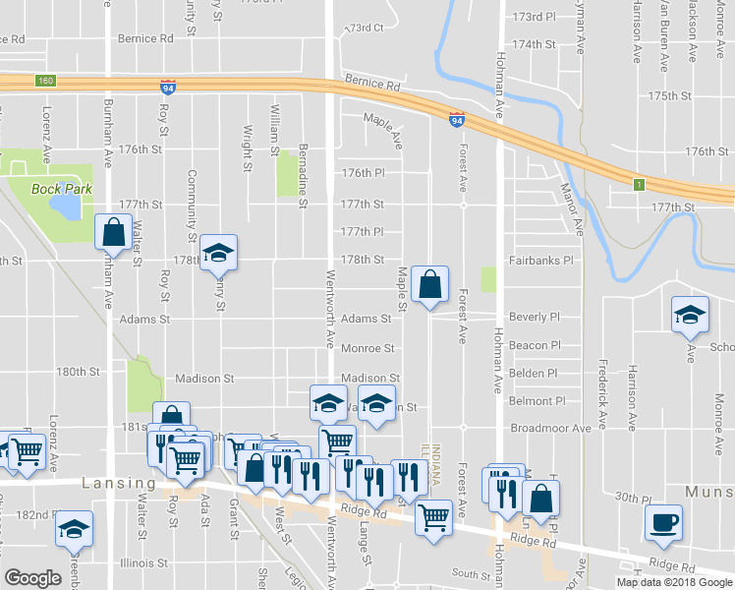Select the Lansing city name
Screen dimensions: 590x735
[x=119, y=484]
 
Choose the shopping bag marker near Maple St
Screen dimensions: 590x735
[x=429, y=285]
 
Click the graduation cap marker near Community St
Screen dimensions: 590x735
[x=218, y=253]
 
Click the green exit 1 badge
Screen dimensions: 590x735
[x=638, y=184]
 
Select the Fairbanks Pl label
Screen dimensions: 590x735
[x=539, y=261]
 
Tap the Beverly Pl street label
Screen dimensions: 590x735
[x=535, y=318]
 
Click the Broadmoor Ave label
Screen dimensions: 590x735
[x=550, y=429]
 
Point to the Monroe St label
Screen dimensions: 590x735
[x=367, y=349]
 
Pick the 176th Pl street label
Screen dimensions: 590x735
[x=363, y=173]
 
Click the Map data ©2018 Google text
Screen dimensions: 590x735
[x=674, y=582]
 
